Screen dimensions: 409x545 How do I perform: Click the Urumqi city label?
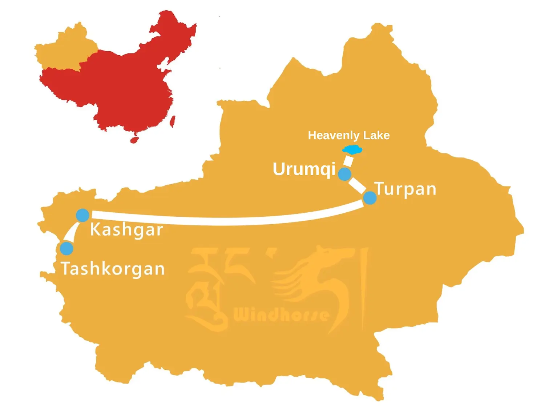pyautogui.click(x=304, y=169)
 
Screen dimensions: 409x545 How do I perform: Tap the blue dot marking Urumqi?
pyautogui.click(x=344, y=174)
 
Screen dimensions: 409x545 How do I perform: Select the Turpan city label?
pyautogui.click(x=405, y=189)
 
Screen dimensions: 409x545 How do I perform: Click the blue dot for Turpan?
pyautogui.click(x=370, y=198)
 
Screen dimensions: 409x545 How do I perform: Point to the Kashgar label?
pyautogui.click(x=126, y=230)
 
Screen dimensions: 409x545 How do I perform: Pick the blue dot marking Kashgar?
pyautogui.click(x=83, y=215)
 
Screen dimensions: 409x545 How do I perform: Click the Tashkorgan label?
pyautogui.click(x=113, y=269)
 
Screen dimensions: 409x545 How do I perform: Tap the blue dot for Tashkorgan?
pyautogui.click(x=66, y=249)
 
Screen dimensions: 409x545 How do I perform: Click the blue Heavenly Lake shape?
pyautogui.click(x=352, y=149)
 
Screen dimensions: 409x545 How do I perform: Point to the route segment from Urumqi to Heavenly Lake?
pyautogui.click(x=348, y=161)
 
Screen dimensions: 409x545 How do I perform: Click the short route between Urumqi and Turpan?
pyautogui.click(x=357, y=185)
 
